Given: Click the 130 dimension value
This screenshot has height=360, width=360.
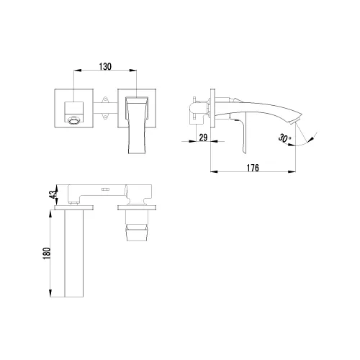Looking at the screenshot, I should pos(104,66).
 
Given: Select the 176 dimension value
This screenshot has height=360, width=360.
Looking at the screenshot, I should pos(251,168).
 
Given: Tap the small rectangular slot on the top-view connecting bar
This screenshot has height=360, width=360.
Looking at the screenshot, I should pos(104,190).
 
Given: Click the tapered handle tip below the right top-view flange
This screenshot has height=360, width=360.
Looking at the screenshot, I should pos(138,232).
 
